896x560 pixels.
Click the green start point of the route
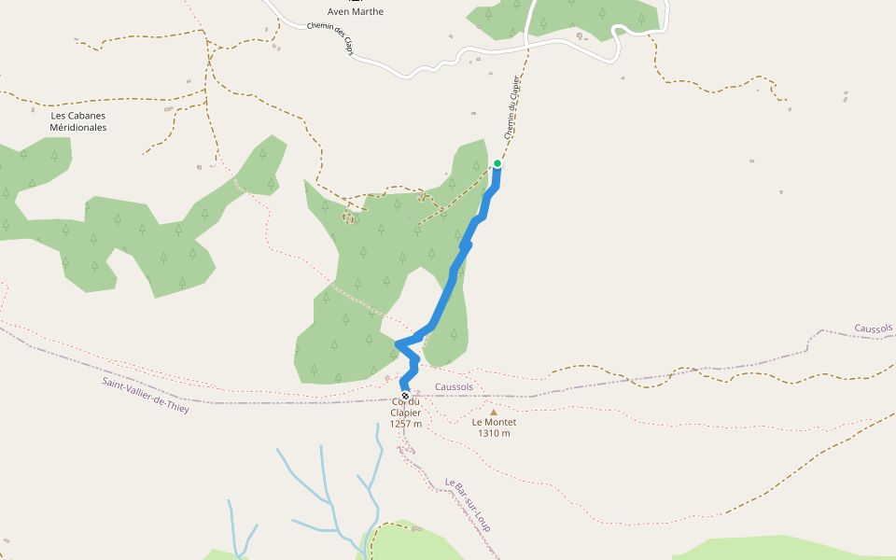tap(497, 164)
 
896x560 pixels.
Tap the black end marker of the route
tap(405, 396)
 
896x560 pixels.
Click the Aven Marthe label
tap(356, 11)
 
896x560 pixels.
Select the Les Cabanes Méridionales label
tap(78, 121)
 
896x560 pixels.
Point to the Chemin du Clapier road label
tap(511, 107)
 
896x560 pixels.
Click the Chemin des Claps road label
tap(329, 38)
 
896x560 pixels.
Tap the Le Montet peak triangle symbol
tap(494, 411)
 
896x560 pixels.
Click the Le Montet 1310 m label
tap(494, 427)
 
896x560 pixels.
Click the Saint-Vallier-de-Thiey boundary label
tap(146, 396)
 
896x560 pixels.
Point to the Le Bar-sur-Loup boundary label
tap(468, 505)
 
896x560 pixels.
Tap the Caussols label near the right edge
tap(874, 329)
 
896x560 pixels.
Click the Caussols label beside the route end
tap(454, 386)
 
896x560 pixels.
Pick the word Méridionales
tap(78, 127)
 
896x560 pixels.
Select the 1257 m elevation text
tap(406, 424)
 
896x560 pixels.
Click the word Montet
tap(501, 422)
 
